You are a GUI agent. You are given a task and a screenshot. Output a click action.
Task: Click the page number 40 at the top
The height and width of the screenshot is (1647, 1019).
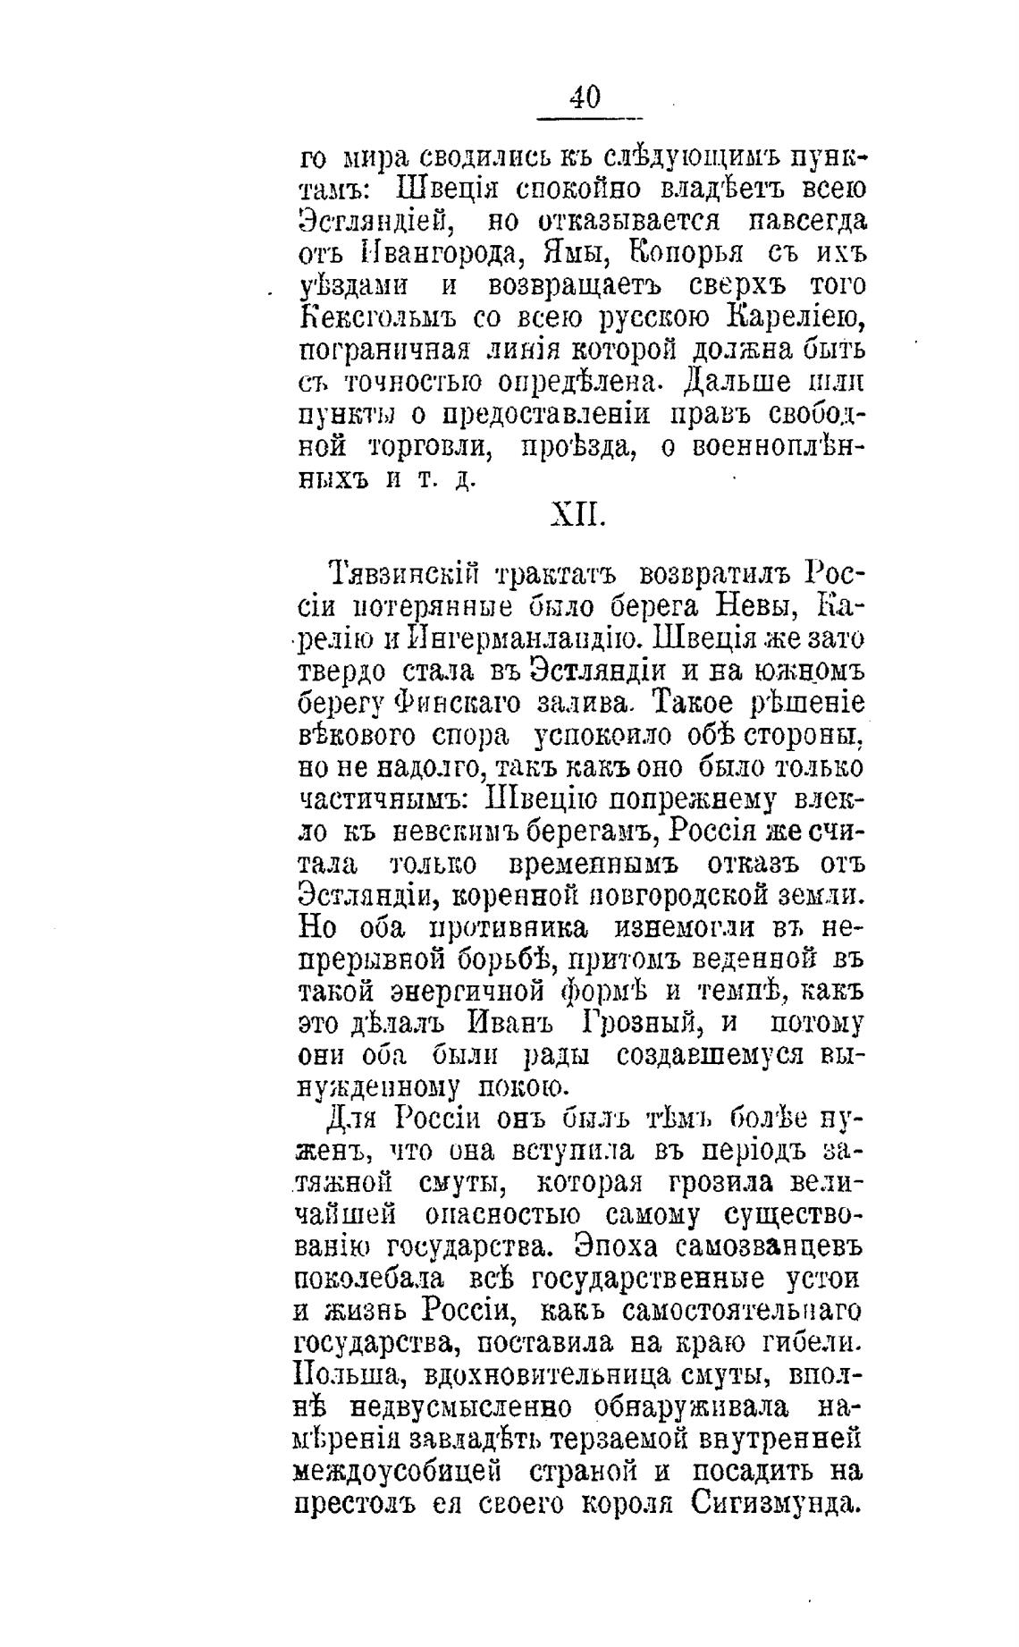pyautogui.click(x=585, y=97)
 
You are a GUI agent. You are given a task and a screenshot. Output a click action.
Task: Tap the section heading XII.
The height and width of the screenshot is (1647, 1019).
pyautogui.click(x=577, y=516)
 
